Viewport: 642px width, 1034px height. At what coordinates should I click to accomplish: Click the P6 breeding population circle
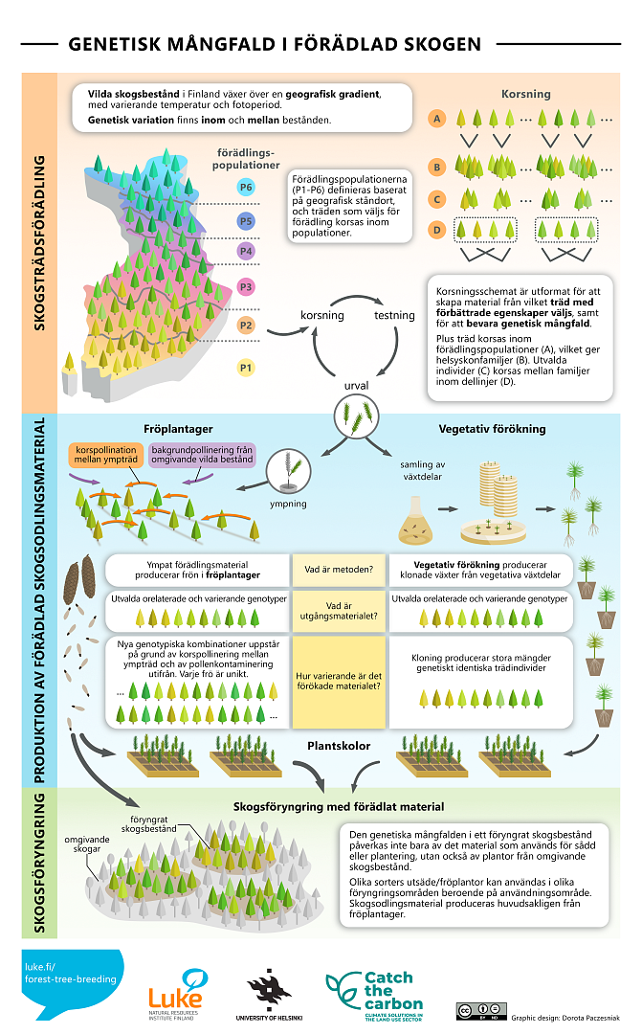coord(246,188)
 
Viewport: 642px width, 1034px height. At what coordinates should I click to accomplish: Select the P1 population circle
coord(246,367)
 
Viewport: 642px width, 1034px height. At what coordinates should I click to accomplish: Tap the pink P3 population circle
coord(246,287)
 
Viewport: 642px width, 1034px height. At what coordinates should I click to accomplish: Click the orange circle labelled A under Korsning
coord(437,120)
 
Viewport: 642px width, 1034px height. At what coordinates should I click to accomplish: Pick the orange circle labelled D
coord(437,230)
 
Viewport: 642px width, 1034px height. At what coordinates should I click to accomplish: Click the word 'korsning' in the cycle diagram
coord(322,315)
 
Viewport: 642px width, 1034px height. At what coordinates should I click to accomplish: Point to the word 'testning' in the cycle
coord(393,315)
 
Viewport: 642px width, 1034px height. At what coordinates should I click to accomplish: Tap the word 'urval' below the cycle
coord(357,386)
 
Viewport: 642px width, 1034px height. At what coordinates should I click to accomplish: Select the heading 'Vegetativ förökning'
coord(492,429)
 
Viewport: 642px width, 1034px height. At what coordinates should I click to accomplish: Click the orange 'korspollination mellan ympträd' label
coord(105,454)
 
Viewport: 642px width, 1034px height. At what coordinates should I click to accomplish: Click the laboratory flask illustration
coord(414,516)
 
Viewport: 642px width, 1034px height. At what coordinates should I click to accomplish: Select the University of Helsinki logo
coord(269,996)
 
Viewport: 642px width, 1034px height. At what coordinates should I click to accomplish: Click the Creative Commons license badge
coord(479,1009)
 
